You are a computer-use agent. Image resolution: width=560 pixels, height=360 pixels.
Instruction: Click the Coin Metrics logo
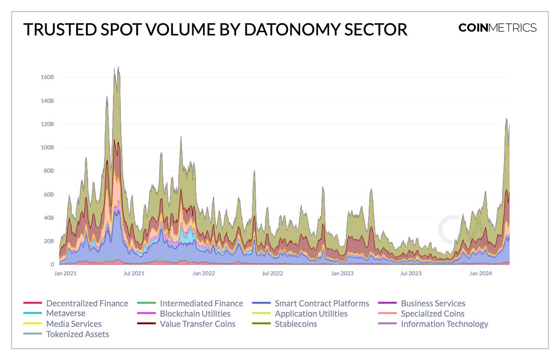(x=497, y=28)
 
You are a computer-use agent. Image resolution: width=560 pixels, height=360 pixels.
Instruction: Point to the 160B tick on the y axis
(x=48, y=77)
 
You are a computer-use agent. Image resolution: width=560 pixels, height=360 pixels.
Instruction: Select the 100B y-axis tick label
(x=48, y=147)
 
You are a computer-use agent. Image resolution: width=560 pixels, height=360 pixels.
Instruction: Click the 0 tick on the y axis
(x=53, y=264)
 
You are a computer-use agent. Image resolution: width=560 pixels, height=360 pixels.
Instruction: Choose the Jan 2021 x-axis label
(x=65, y=273)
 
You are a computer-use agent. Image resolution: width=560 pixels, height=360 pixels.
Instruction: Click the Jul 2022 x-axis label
(x=273, y=273)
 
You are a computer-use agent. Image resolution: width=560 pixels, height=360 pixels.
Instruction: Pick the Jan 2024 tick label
(x=480, y=273)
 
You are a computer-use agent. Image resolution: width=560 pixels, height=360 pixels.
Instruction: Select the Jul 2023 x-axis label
(x=411, y=273)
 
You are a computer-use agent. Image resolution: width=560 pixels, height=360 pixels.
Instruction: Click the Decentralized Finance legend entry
(x=87, y=304)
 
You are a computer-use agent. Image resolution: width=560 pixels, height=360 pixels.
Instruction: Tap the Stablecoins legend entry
(x=295, y=324)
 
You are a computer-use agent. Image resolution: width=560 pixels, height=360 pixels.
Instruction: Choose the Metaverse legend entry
(x=65, y=314)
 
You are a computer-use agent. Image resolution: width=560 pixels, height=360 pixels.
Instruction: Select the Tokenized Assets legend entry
(x=77, y=334)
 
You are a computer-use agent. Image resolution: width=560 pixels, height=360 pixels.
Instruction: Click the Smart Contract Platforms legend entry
(x=322, y=304)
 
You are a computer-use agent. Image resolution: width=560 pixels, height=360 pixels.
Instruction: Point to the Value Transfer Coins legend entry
(x=197, y=324)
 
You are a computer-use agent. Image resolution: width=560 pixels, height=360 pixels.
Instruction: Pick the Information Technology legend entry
(x=444, y=324)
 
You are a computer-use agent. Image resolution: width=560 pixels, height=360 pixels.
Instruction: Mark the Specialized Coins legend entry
(x=433, y=314)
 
